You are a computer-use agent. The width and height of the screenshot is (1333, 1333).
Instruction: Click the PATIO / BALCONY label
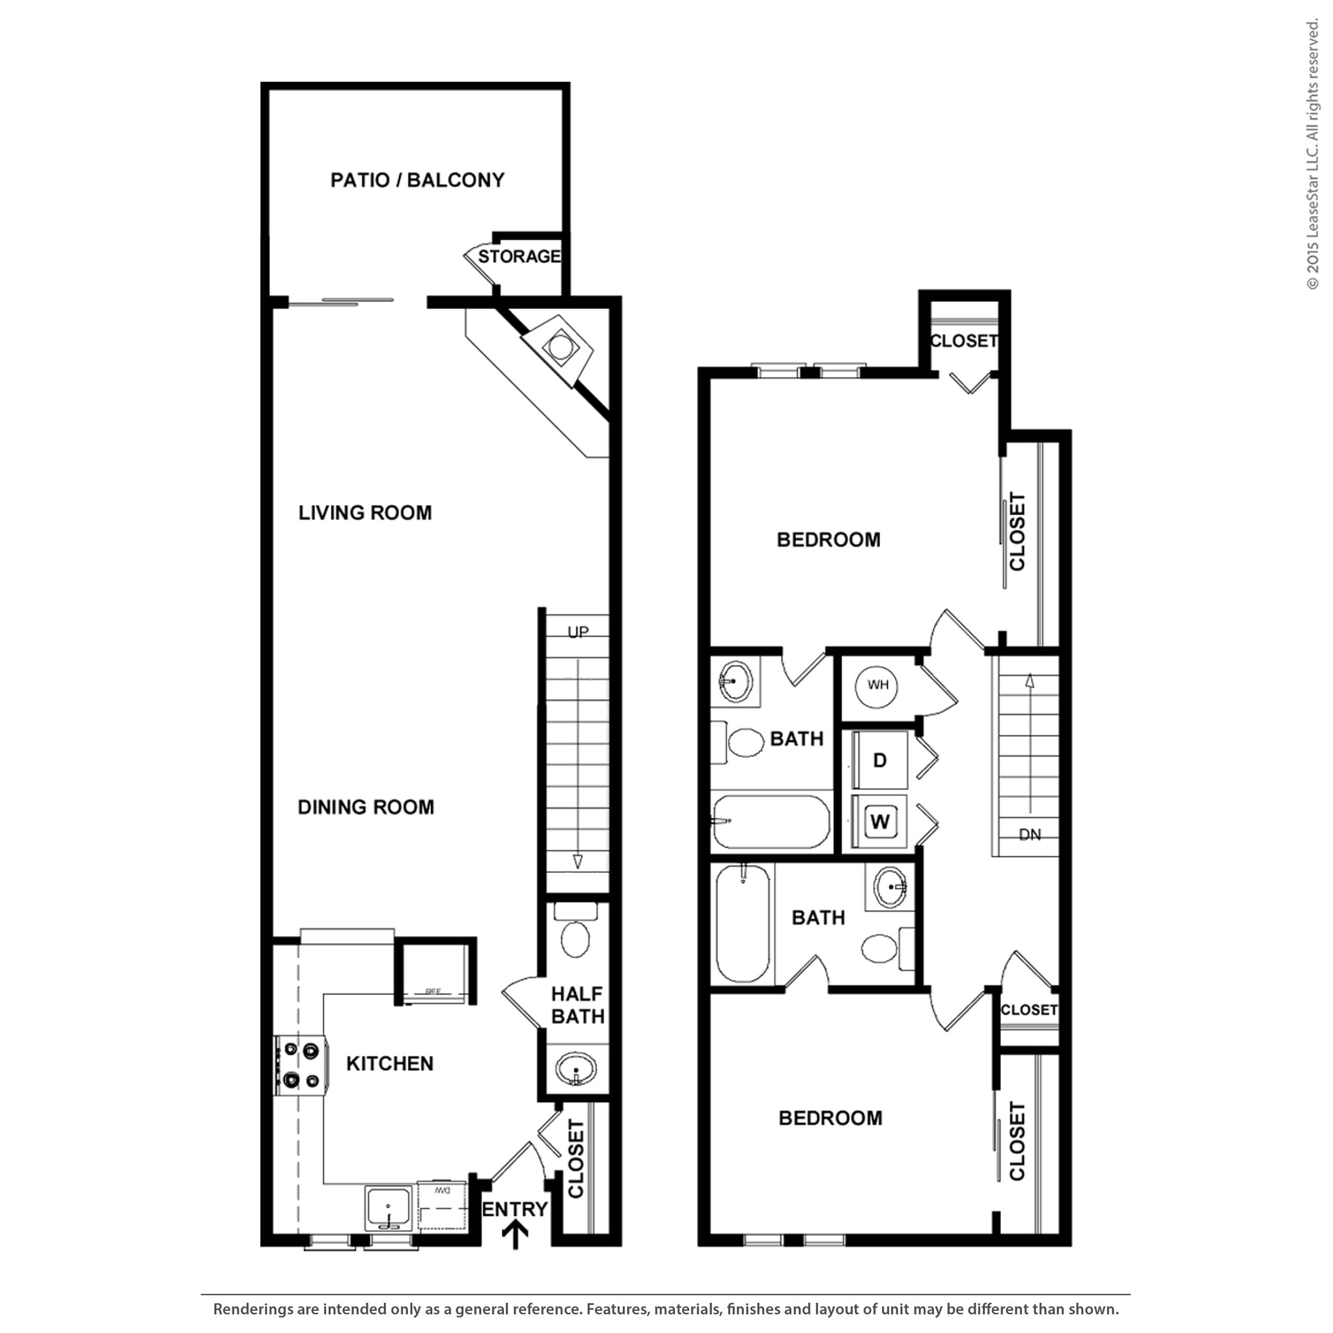pyautogui.click(x=417, y=180)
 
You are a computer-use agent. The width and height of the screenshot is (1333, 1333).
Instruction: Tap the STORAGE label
pyautogui.click(x=519, y=256)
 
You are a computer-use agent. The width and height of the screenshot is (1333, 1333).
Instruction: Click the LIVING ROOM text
pyautogui.click(x=365, y=513)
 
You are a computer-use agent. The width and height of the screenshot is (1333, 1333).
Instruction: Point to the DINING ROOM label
pyautogui.click(x=366, y=806)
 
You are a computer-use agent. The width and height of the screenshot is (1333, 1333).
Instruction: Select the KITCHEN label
pyautogui.click(x=390, y=1064)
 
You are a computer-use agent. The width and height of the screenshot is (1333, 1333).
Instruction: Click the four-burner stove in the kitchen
pyautogui.click(x=301, y=1065)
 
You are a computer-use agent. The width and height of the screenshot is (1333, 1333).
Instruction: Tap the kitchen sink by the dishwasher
pyautogui.click(x=389, y=1207)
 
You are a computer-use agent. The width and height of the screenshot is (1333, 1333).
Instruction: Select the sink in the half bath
pyautogui.click(x=575, y=1069)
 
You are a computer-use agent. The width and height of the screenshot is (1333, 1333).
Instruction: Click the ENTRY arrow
pyautogui.click(x=515, y=1235)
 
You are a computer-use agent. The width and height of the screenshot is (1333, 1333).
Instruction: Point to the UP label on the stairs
pyautogui.click(x=577, y=632)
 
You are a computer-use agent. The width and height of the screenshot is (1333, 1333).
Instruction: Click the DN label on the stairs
pyautogui.click(x=1030, y=835)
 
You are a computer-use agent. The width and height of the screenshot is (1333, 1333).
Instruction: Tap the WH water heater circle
pyautogui.click(x=877, y=685)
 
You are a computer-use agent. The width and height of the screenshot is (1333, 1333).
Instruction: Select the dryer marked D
pyautogui.click(x=880, y=760)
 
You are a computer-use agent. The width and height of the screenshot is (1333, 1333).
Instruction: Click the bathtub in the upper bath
pyautogui.click(x=771, y=822)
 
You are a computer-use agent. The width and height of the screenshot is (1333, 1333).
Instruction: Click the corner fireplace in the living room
pyautogui.click(x=559, y=347)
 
